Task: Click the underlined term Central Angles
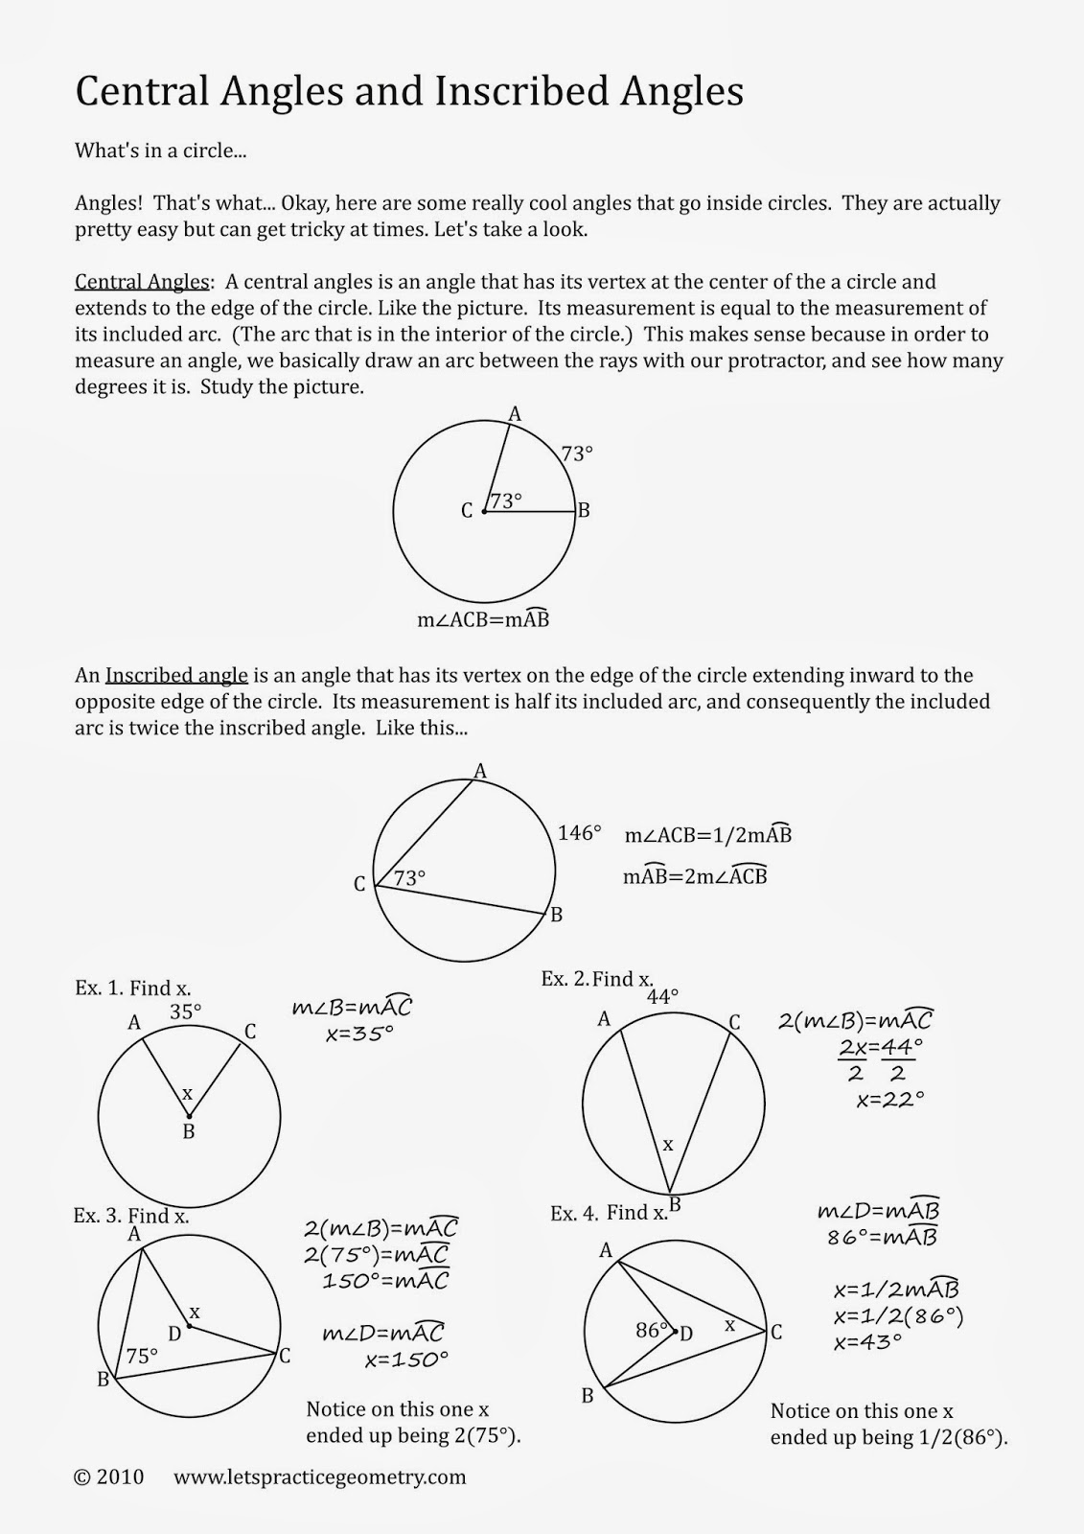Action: click(142, 282)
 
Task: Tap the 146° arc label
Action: click(580, 833)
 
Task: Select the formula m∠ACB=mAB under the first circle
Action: click(483, 619)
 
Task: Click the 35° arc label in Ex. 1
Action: click(186, 1011)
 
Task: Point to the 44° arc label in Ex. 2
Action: click(662, 997)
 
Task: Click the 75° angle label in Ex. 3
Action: click(142, 1356)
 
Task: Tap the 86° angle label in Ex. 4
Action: click(652, 1330)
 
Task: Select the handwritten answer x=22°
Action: click(890, 1100)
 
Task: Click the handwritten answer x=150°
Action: click(406, 1360)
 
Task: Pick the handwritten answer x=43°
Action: click(868, 1342)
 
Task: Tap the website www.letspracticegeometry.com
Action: click(319, 1476)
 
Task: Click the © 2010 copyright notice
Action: click(108, 1476)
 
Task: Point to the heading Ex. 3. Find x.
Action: click(131, 1216)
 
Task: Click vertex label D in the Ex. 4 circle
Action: click(686, 1333)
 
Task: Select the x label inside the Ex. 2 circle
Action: click(668, 1144)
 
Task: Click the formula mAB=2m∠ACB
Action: click(695, 876)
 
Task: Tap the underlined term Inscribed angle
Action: click(176, 675)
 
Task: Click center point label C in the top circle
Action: click(467, 511)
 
